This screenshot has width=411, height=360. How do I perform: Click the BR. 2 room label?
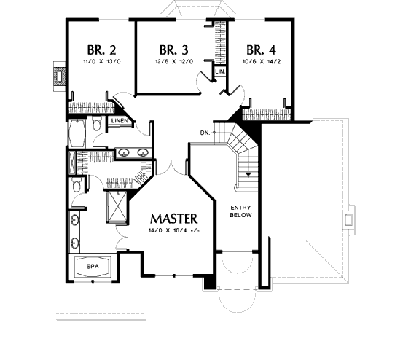(x=101, y=50)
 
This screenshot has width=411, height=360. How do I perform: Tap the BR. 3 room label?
(x=173, y=50)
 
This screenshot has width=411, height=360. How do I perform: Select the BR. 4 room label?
(x=261, y=50)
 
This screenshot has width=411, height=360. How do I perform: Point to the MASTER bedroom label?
(x=173, y=219)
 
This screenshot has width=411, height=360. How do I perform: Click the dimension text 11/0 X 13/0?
(x=102, y=62)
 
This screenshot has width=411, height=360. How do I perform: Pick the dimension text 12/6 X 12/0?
(x=174, y=62)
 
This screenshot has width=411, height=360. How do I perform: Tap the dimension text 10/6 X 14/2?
(x=262, y=62)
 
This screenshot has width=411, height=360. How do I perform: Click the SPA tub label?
(x=93, y=267)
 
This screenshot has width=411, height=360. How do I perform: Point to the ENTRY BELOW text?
(x=240, y=211)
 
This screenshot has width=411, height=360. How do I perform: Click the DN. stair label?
(x=205, y=133)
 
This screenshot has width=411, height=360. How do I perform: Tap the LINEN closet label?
(x=120, y=121)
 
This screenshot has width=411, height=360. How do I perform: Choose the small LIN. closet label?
(x=220, y=71)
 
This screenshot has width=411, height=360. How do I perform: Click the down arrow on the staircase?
(x=248, y=173)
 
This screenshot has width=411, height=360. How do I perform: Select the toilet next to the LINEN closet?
(x=97, y=124)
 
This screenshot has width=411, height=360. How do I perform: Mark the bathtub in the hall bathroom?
(x=77, y=133)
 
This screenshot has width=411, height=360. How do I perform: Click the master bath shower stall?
(x=117, y=207)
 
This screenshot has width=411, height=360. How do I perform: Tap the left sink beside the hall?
(x=122, y=152)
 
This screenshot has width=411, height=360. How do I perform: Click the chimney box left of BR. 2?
(x=59, y=77)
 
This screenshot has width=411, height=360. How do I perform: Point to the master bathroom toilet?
(x=76, y=184)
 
